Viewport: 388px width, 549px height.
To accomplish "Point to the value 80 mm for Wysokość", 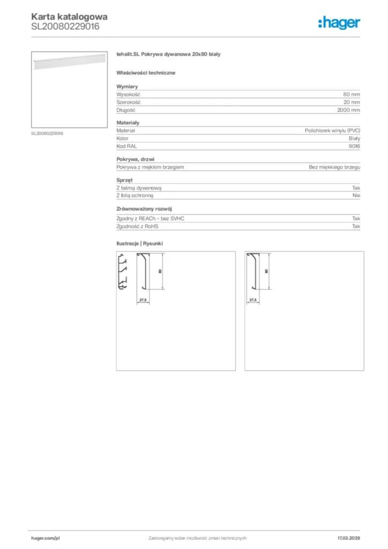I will pyautogui.click(x=352, y=94).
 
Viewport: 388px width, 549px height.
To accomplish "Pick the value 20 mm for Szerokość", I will pyautogui.click(x=352, y=102).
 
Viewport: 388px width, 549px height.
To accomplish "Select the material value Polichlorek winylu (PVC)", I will pyautogui.click(x=332, y=130).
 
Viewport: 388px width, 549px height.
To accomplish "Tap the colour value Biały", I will pyautogui.click(x=354, y=138).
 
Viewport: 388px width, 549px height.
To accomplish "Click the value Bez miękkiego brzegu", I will pyautogui.click(x=334, y=167).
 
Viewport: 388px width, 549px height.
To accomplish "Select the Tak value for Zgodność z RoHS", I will pyautogui.click(x=356, y=226).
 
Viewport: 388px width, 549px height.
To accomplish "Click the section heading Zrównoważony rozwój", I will pyautogui.click(x=144, y=209).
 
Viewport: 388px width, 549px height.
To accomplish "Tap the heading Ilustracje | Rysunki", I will pyautogui.click(x=139, y=243).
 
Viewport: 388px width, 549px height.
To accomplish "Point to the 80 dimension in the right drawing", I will pyautogui.click(x=266, y=271).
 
